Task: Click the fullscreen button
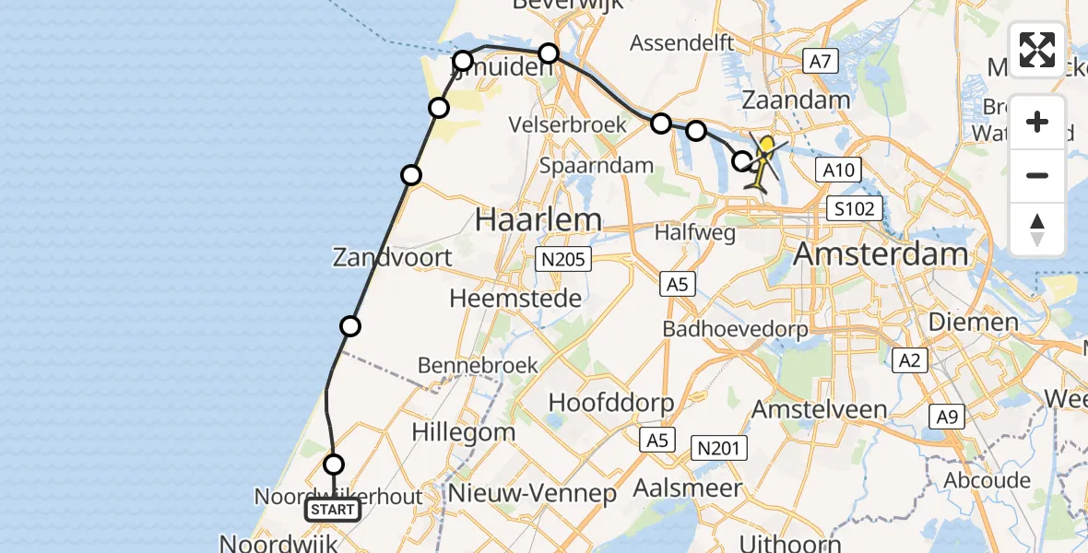[x=1037, y=50]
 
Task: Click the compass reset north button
[x=1037, y=229]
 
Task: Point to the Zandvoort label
[x=394, y=256]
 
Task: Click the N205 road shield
[x=564, y=260]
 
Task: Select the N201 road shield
[x=719, y=449]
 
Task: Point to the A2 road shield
[x=910, y=359]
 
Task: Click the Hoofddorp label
[x=611, y=403]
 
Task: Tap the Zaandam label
[x=783, y=100]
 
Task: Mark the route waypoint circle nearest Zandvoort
[x=349, y=325]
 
